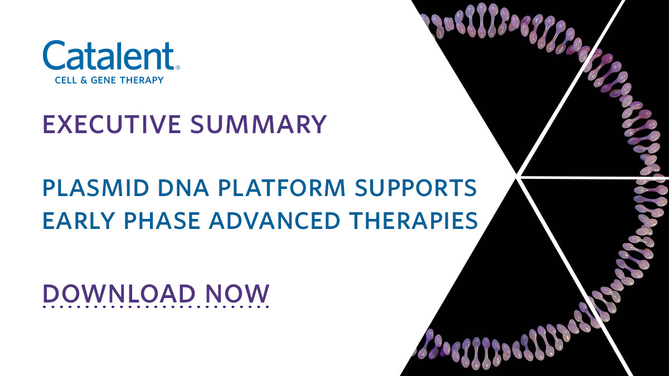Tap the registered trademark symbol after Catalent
pos(178,67)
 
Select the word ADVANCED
pos(269,221)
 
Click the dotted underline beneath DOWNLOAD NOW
pos(156,306)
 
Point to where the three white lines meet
pos(518,177)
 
